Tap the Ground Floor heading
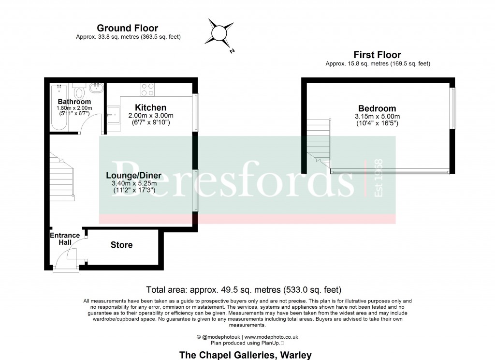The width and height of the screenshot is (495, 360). pos(128,28)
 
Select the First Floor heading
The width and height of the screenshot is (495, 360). pos(377,55)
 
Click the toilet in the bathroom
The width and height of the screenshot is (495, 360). pos(79,91)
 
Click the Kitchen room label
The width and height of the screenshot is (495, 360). pos(150,107)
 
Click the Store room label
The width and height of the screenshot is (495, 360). pos(121,245)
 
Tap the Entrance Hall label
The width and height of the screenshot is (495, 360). pos(65,239)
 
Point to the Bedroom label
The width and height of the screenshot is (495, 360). pos(377,108)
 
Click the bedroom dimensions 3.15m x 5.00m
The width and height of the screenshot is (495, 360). pos(377,117)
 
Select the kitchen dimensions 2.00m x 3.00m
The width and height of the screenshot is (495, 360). pos(150,116)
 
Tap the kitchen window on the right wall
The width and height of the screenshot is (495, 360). pos(195,113)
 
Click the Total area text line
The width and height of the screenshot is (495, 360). pos(244,290)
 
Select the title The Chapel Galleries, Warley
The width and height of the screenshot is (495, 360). pos(245,355)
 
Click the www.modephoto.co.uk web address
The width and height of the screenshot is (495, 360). pos(271,337)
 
